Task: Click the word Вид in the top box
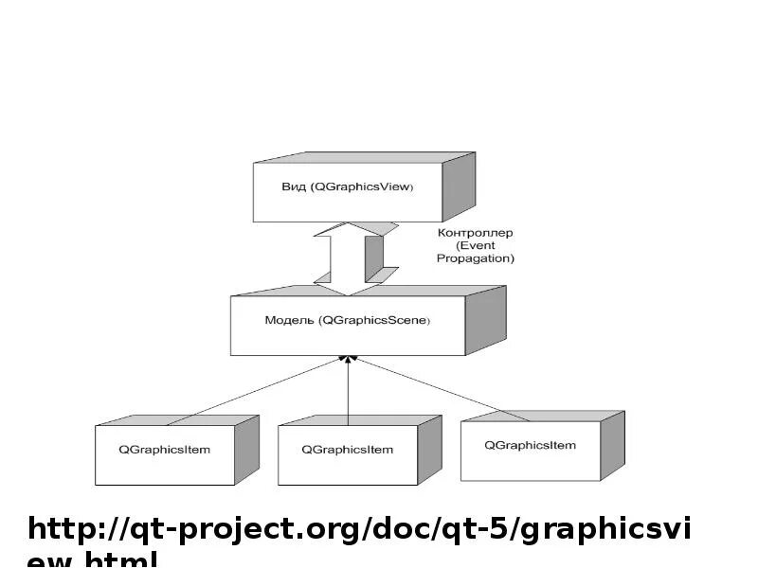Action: pyautogui.click(x=294, y=187)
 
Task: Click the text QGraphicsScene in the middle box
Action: pyautogui.click(x=376, y=321)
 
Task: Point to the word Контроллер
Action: pyautogui.click(x=476, y=232)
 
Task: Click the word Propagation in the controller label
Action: pyautogui.click(x=476, y=257)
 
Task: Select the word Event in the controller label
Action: pyautogui.click(x=476, y=245)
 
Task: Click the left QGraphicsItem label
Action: pyautogui.click(x=165, y=450)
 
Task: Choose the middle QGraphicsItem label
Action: pyautogui.click(x=347, y=450)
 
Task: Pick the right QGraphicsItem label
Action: pyautogui.click(x=530, y=445)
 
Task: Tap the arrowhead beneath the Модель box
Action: pyautogui.click(x=349, y=361)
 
